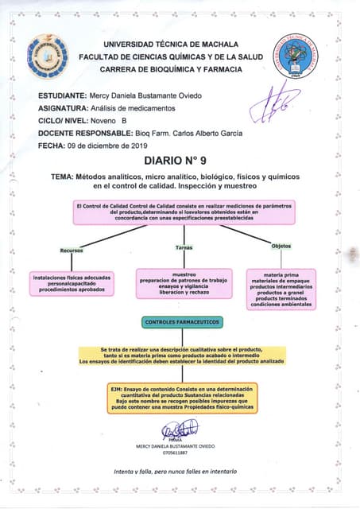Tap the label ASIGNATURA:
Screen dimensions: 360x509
(x=62, y=108)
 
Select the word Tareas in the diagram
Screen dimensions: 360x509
(x=184, y=247)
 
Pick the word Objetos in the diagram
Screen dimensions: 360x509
(x=281, y=246)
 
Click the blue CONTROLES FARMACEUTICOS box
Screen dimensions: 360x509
(x=182, y=322)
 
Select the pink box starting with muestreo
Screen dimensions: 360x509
(x=184, y=283)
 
